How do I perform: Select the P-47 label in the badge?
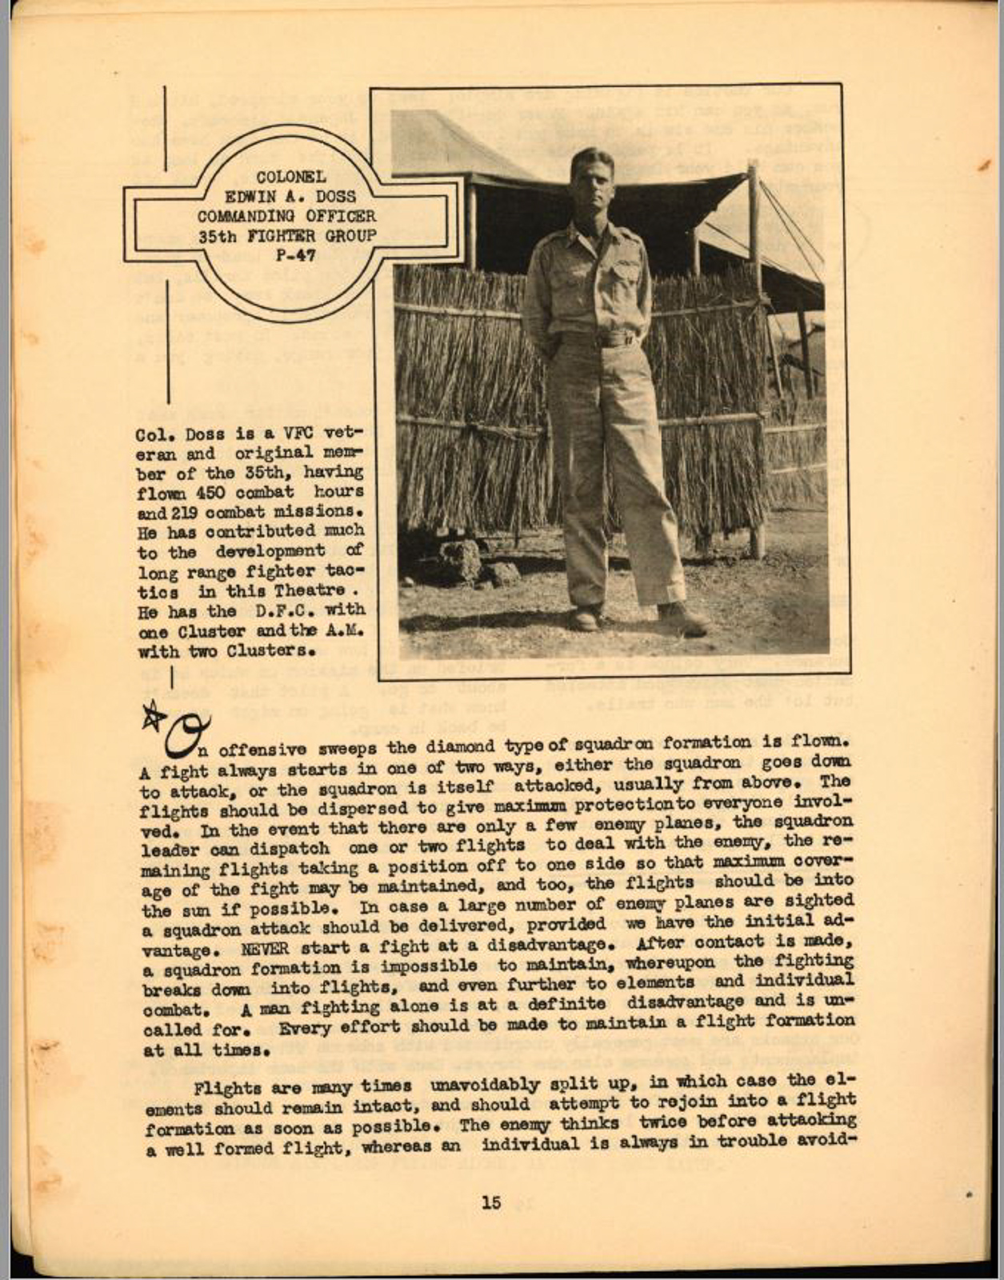(295, 256)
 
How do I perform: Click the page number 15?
(491, 1202)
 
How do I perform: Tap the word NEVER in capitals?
(262, 950)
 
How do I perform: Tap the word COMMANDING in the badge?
(246, 216)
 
